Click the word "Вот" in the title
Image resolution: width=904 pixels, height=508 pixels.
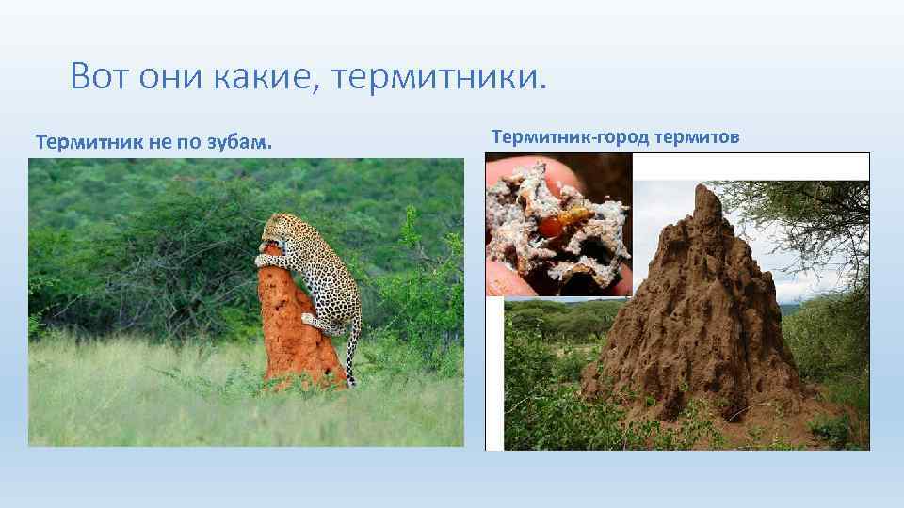[100, 75]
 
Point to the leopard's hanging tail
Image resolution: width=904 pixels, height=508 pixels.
[352, 353]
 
